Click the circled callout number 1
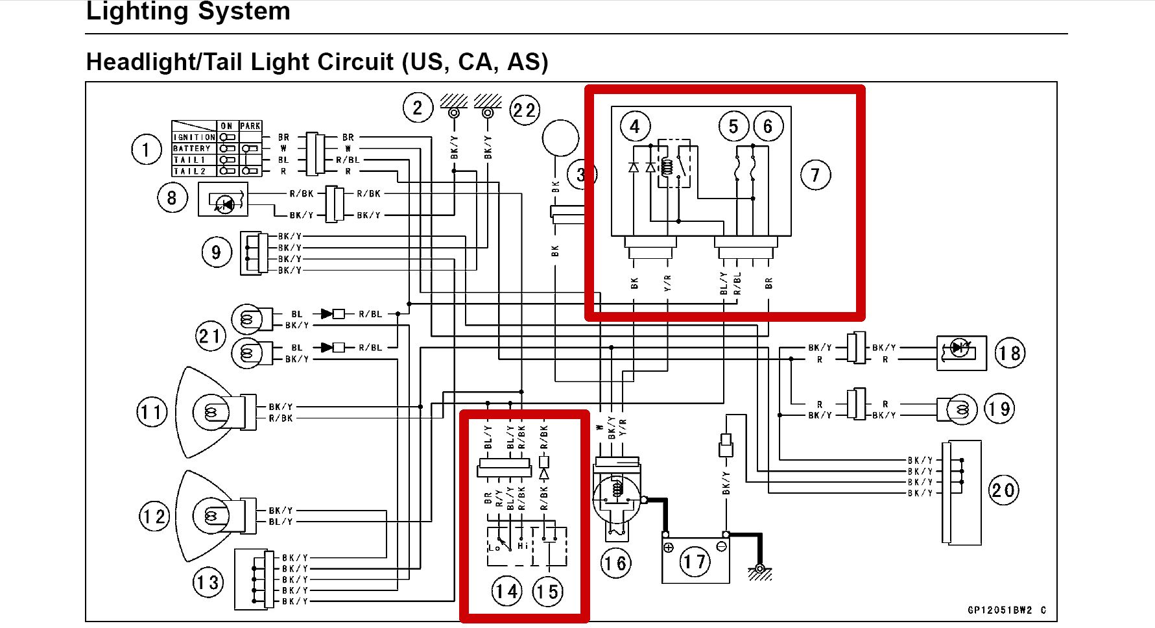click(146, 150)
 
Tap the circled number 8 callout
click(172, 198)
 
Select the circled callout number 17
click(695, 561)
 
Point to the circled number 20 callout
click(1003, 490)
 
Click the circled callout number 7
click(815, 175)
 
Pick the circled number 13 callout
click(208, 583)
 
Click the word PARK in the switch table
click(250, 126)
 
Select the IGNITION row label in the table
click(194, 138)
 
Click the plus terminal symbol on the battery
click(669, 548)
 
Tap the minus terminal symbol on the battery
click(721, 548)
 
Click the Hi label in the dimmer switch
click(523, 546)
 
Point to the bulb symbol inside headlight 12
click(211, 516)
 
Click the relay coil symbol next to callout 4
click(667, 167)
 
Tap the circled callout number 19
click(999, 409)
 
